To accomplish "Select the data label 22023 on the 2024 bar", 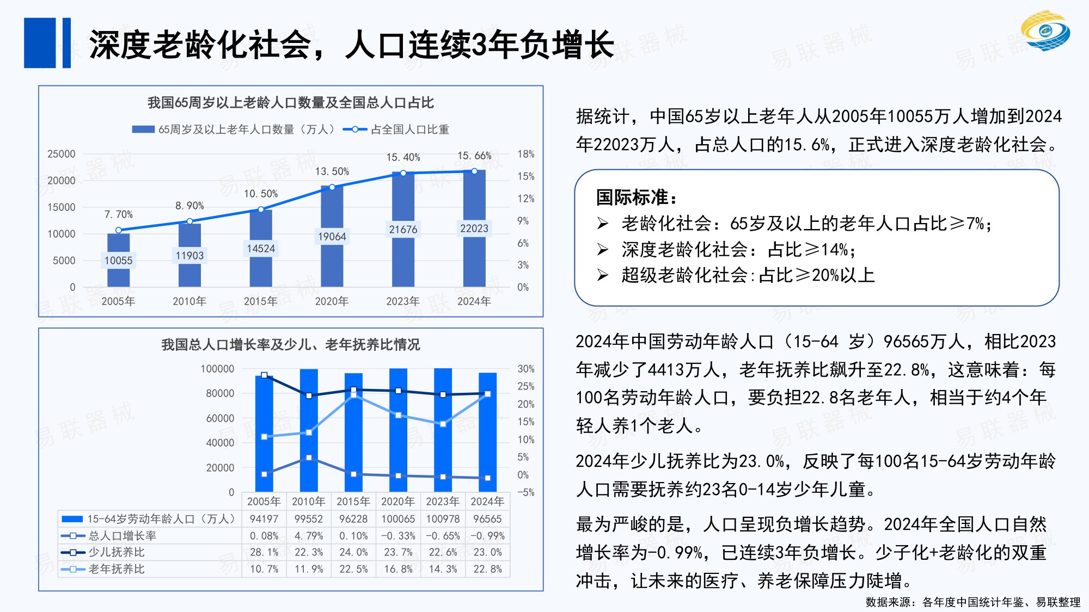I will pyautogui.click(x=474, y=228).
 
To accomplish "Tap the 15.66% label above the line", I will pyautogui.click(x=474, y=156).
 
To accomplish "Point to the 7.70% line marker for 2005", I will pyautogui.click(x=119, y=230).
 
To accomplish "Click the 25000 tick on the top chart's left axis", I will pyautogui.click(x=62, y=154).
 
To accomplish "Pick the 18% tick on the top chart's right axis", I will pyautogui.click(x=525, y=154).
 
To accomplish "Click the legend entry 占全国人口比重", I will pyautogui.click(x=409, y=129).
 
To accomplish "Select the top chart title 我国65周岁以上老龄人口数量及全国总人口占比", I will pyautogui.click(x=291, y=102).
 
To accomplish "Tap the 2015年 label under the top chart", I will pyautogui.click(x=261, y=301).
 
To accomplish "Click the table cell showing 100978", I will pyautogui.click(x=443, y=519).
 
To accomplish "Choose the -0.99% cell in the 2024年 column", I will pyautogui.click(x=487, y=536).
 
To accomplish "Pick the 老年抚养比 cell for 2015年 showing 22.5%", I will pyautogui.click(x=353, y=569).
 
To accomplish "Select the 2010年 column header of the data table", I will pyautogui.click(x=309, y=501).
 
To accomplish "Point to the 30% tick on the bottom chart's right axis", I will pyautogui.click(x=525, y=369).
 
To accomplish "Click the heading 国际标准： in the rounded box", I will pyautogui.click(x=637, y=197).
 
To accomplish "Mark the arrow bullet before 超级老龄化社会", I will pyautogui.click(x=602, y=275).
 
